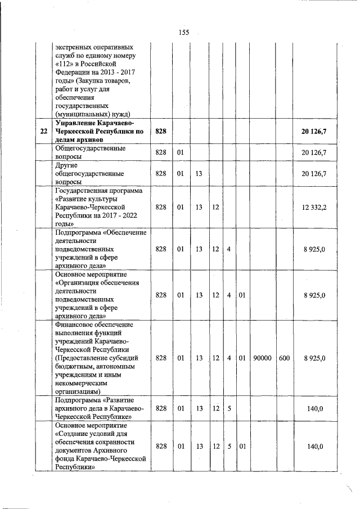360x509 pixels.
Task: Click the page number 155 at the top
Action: point(183,32)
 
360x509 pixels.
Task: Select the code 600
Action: point(283,358)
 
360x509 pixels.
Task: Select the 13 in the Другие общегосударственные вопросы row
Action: point(199,174)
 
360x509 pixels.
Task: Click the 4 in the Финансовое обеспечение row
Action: point(229,358)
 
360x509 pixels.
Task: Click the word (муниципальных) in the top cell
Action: point(80,113)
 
